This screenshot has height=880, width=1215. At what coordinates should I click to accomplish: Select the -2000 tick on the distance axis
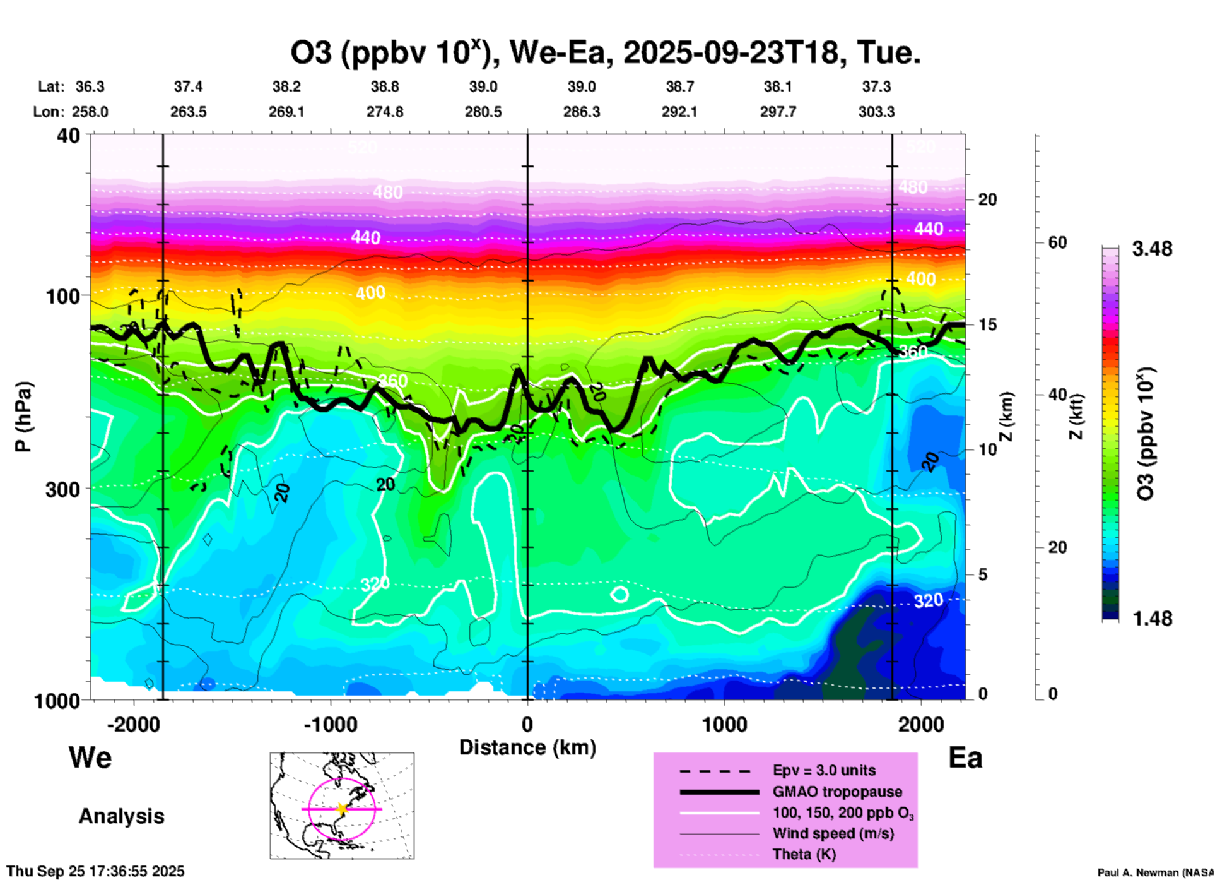tap(134, 725)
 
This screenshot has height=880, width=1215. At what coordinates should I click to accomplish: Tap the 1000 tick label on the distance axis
tap(725, 725)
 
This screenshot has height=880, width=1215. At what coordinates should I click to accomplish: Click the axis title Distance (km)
tap(527, 747)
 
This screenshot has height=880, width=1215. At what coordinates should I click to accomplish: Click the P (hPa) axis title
tap(23, 417)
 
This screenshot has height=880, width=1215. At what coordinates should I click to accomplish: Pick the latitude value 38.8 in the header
tap(385, 86)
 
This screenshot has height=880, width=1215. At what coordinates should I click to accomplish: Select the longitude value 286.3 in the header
tap(582, 112)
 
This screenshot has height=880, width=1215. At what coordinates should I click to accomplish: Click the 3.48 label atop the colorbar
tap(1152, 249)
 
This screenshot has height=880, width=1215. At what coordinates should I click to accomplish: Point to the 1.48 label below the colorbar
tap(1152, 619)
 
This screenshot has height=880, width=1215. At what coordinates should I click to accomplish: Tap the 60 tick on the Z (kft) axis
tap(1057, 242)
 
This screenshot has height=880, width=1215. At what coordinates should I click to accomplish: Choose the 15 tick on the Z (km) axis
tap(987, 324)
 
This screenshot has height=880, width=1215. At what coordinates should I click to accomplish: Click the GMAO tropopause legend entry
tap(837, 792)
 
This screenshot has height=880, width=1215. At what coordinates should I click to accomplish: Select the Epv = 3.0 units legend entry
tap(824, 770)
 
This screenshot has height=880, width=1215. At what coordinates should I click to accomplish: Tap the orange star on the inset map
tap(342, 809)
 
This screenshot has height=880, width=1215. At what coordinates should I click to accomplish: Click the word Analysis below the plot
tap(121, 816)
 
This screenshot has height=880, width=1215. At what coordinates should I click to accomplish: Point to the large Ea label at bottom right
tap(965, 758)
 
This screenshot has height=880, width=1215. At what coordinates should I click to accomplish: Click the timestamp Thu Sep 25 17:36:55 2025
tap(96, 871)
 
